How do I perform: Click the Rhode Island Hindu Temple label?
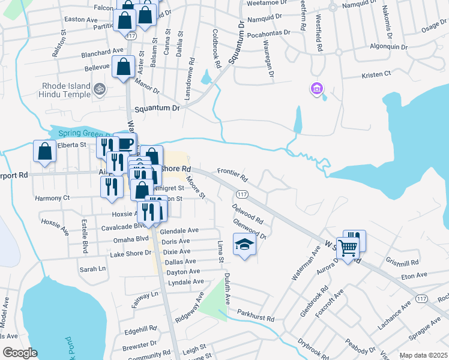coord(65,90)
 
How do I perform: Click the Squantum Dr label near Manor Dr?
coord(157,109)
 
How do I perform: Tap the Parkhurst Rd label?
coord(255,313)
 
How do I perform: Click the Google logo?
coord(20,353)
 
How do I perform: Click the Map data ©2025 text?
coord(423,355)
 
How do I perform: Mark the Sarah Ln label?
coord(92,269)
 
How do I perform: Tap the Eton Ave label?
coord(414,275)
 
